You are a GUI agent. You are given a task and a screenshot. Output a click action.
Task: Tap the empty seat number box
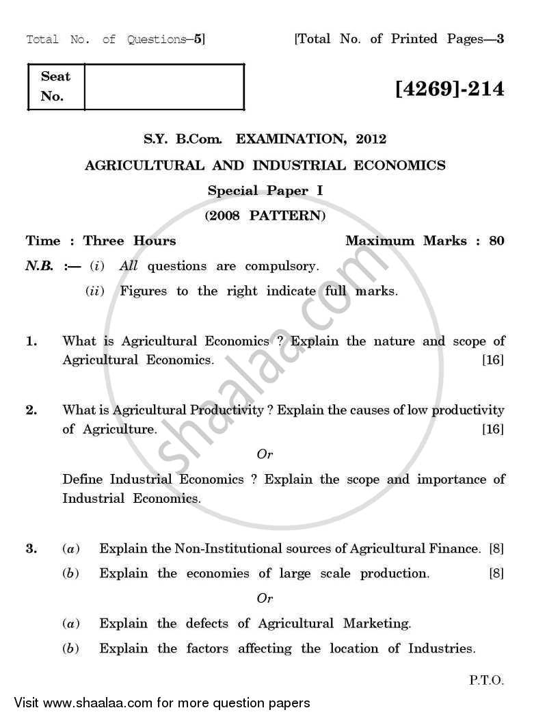tap(164, 86)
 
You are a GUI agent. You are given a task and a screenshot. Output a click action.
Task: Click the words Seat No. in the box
tap(55, 86)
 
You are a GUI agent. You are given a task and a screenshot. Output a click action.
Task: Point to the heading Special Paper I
tap(265, 191)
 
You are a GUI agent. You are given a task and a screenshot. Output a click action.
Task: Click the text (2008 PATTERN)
tap(265, 216)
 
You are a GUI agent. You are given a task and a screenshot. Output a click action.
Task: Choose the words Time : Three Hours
tap(101, 241)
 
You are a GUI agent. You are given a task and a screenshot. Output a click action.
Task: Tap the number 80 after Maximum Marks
tap(496, 241)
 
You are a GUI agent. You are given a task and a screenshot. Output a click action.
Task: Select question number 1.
tap(31, 341)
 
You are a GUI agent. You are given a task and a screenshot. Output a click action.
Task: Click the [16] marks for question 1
tap(493, 360)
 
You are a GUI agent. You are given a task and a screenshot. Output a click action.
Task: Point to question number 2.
tap(31, 410)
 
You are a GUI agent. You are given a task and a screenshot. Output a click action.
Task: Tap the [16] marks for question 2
tap(493, 430)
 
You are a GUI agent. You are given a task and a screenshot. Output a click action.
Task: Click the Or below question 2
tap(265, 454)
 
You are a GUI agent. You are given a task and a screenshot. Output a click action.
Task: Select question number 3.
tap(31, 549)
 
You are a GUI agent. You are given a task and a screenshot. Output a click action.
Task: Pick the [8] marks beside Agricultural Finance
tap(496, 549)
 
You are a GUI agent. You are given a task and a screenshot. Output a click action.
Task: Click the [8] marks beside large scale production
tap(496, 574)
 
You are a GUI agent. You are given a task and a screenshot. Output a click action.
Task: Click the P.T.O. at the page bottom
tap(486, 681)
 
